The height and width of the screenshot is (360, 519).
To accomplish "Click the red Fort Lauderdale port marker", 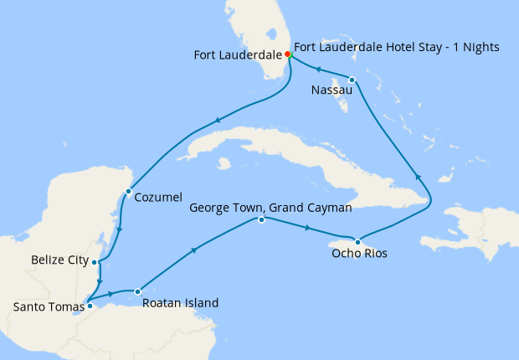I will pos(288,54).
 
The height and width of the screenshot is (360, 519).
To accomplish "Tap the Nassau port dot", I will pos(352,80).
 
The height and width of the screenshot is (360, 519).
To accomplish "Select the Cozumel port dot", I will pos(128,192).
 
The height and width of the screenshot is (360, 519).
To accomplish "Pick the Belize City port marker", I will pos(95,262).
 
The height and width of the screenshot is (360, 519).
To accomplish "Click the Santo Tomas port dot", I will pos(90,306).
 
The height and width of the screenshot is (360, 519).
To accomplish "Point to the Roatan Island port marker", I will pos(136,291).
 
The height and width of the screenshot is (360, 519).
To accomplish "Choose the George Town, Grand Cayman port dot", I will pos(262,220).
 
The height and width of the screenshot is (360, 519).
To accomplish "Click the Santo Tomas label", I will pos(48,307).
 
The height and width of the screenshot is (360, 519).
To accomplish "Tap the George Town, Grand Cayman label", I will pos(270,206).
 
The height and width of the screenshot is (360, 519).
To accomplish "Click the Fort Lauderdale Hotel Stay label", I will pos(397,48).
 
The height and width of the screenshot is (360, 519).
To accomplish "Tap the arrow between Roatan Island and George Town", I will pos(196,249).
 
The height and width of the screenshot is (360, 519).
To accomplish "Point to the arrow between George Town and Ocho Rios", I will pos(308,228).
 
